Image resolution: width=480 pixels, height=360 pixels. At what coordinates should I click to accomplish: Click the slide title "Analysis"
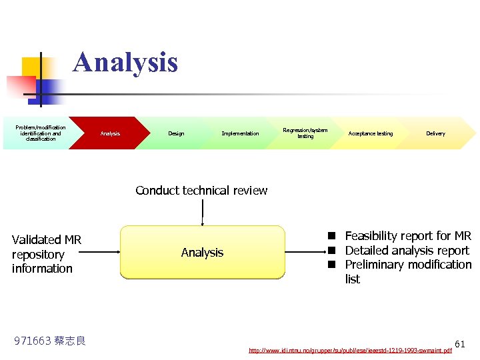point(125,62)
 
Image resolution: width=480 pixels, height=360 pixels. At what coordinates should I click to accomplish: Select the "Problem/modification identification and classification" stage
point(41,133)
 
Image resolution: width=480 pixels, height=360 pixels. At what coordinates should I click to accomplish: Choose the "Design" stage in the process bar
point(176,134)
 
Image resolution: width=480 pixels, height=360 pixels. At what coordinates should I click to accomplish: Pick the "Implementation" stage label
point(240,134)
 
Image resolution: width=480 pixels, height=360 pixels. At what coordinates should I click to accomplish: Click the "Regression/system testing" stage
point(305,133)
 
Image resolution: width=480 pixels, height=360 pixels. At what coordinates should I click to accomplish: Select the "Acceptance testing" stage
point(370,134)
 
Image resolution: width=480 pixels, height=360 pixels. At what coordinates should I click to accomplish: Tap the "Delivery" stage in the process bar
point(435,134)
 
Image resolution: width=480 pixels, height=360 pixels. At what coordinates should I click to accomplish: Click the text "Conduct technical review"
point(201,191)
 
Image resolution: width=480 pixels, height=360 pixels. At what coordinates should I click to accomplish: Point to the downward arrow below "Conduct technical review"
point(202,213)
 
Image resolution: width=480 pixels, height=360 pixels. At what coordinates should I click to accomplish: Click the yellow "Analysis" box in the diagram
point(202,252)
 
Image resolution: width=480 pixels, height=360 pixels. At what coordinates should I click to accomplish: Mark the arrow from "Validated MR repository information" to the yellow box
point(101,252)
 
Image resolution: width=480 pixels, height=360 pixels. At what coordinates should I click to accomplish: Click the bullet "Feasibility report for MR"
point(407,236)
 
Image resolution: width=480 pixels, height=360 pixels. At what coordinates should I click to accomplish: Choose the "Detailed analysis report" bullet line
point(407,251)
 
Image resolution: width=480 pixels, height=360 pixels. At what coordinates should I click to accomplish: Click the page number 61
point(460,344)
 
